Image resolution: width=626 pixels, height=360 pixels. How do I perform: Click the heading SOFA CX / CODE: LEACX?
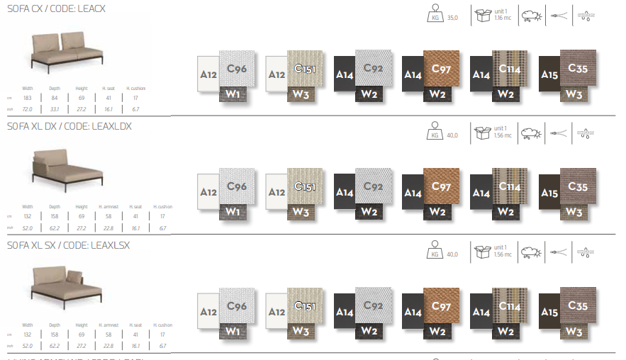coord(56,8)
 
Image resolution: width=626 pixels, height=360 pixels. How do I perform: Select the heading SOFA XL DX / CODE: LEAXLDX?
coord(69,126)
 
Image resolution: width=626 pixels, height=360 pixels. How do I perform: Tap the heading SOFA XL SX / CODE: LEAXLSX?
coord(68,244)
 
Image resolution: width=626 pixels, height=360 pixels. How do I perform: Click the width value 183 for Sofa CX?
coord(28,98)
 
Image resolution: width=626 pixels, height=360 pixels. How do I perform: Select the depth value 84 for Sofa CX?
coord(55,98)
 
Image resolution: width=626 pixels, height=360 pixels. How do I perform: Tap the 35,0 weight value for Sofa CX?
coord(452,17)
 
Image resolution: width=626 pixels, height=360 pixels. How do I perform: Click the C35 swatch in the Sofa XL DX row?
coord(578,186)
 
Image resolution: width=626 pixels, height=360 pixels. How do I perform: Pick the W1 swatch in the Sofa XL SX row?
coord(231,330)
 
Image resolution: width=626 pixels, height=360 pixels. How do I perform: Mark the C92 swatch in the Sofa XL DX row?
coord(374,186)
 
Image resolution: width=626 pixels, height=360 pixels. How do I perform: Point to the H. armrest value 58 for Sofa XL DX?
coord(108,215)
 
